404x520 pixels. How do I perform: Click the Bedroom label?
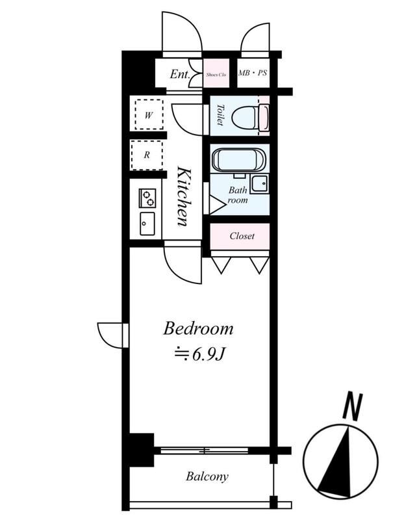tap(198, 329)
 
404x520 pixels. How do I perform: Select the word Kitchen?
tap(184, 197)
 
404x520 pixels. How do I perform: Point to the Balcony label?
tap(207, 476)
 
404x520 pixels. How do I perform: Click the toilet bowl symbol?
tap(245, 118)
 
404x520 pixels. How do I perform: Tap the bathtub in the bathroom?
tap(238, 161)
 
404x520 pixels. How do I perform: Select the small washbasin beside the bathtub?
tap(259, 185)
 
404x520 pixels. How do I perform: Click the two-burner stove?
tap(147, 198)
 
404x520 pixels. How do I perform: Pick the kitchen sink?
tap(147, 224)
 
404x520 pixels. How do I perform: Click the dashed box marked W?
tap(149, 114)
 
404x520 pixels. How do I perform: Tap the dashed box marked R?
tap(147, 155)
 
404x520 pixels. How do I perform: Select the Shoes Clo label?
tap(216, 75)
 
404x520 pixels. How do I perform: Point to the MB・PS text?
tap(253, 73)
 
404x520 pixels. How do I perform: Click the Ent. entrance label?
tap(180, 74)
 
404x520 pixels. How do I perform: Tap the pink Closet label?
tap(242, 236)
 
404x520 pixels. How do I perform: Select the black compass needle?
tap(336, 463)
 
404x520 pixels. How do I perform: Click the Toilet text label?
tap(220, 115)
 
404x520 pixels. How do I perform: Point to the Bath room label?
tap(238, 195)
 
